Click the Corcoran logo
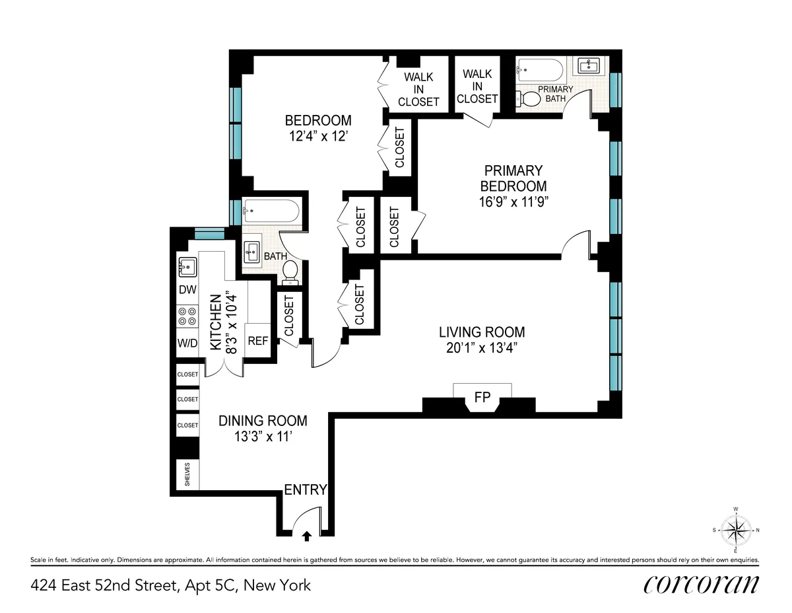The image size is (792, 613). [x=700, y=584]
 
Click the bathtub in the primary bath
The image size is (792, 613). [x=540, y=69]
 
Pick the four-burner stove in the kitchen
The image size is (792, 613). [x=187, y=316]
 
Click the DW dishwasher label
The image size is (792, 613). [x=187, y=290]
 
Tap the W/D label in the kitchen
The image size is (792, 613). [x=187, y=343]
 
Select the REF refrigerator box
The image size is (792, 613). [x=257, y=341]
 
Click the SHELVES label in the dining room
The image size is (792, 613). [x=187, y=474]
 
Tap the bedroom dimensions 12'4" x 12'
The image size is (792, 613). [x=317, y=137]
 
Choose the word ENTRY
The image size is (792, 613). [x=306, y=489]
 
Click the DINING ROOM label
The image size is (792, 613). [x=263, y=421]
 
